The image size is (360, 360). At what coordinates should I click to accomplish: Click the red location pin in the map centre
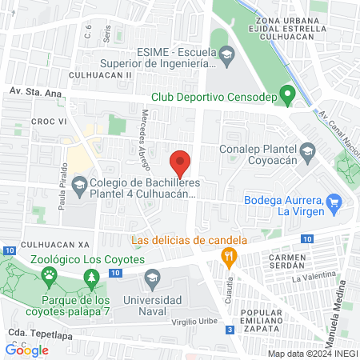(x=181, y=162)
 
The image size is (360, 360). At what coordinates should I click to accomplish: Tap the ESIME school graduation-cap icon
(x=226, y=55)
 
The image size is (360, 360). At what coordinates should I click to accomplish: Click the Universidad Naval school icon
(x=152, y=278)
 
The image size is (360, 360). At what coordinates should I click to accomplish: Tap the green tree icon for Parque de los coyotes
(x=92, y=278)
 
